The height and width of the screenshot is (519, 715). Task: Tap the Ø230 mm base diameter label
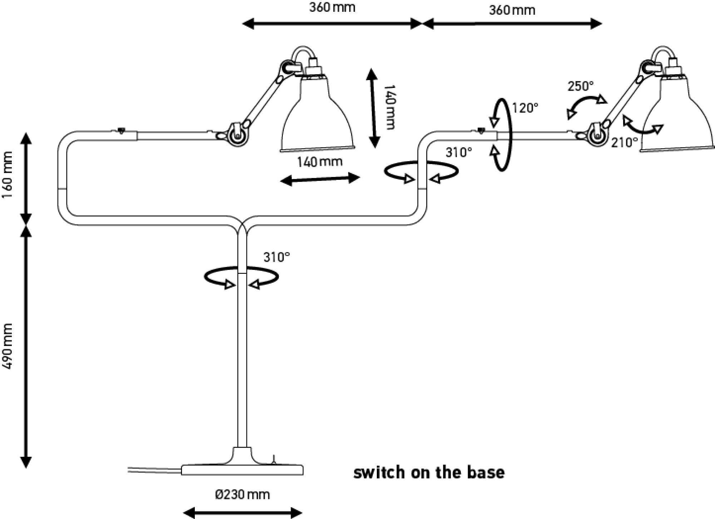[242, 495]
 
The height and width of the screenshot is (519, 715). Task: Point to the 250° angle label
[581, 86]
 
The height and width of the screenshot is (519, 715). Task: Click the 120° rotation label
[525, 108]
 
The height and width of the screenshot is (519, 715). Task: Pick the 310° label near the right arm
[459, 153]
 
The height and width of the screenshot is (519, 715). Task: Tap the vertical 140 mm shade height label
[389, 107]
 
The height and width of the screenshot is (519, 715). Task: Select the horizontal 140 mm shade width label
[320, 162]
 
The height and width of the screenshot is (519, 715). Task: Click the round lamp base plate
[242, 469]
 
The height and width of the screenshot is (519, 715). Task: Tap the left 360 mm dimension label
[332, 8]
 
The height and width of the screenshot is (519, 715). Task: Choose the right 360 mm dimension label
[512, 10]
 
